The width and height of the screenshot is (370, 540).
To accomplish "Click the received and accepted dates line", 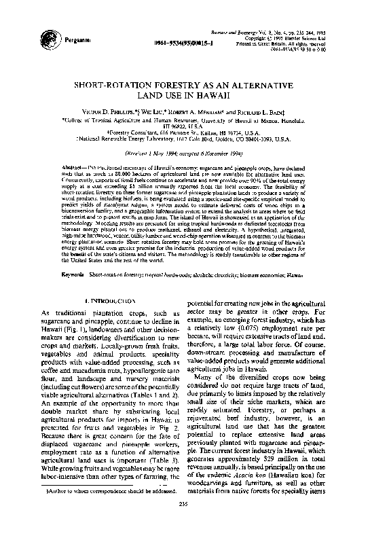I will point(184,154).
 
